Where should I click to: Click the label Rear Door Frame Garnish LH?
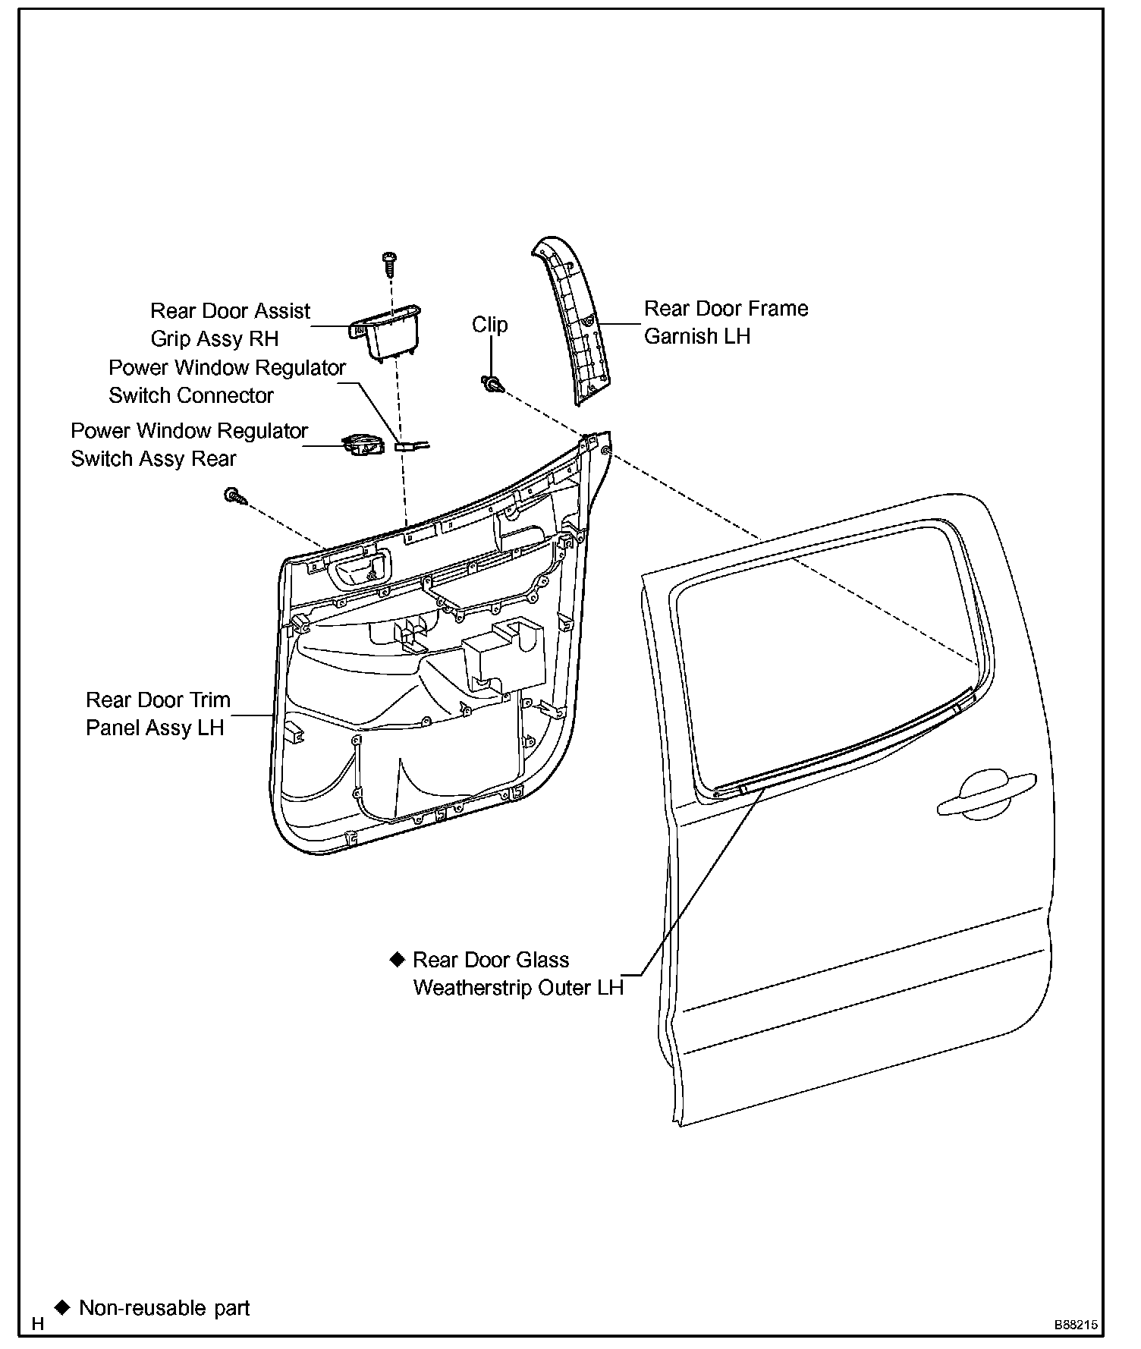725,322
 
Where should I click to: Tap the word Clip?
489,325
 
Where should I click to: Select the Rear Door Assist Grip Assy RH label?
229,325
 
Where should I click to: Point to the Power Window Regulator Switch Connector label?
227,382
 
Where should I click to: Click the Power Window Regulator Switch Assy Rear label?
189,445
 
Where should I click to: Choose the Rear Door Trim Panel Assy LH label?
157,714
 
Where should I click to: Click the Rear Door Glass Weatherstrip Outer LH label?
517,974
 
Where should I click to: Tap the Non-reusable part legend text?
164,1307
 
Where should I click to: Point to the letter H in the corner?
38,1324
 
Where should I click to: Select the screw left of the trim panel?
234,497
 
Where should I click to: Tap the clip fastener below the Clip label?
492,384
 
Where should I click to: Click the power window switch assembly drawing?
362,445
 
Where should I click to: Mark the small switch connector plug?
407,446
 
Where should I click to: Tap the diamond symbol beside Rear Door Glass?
397,959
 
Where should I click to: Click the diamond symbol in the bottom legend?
62,1307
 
